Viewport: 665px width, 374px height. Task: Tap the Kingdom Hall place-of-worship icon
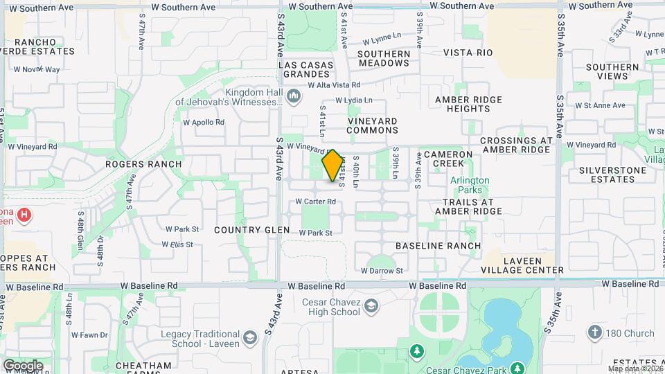click(x=294, y=96)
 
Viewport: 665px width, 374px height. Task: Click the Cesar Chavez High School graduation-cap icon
click(x=372, y=305)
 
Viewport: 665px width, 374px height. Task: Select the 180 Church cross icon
click(x=594, y=333)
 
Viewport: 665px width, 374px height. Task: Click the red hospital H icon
click(x=24, y=215)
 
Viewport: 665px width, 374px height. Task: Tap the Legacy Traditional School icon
click(x=250, y=337)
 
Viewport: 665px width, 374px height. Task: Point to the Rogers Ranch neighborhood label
click(x=143, y=164)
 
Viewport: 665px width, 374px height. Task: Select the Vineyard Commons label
click(x=372, y=125)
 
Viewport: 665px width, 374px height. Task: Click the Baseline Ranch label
click(x=438, y=246)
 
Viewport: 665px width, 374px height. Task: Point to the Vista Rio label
click(x=468, y=53)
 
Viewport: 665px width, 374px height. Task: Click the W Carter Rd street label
click(x=315, y=202)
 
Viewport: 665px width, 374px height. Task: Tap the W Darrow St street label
click(x=382, y=271)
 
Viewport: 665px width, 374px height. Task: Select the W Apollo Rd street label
click(x=204, y=122)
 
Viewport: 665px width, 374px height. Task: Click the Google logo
click(x=23, y=365)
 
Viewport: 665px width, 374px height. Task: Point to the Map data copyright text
click(x=635, y=368)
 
